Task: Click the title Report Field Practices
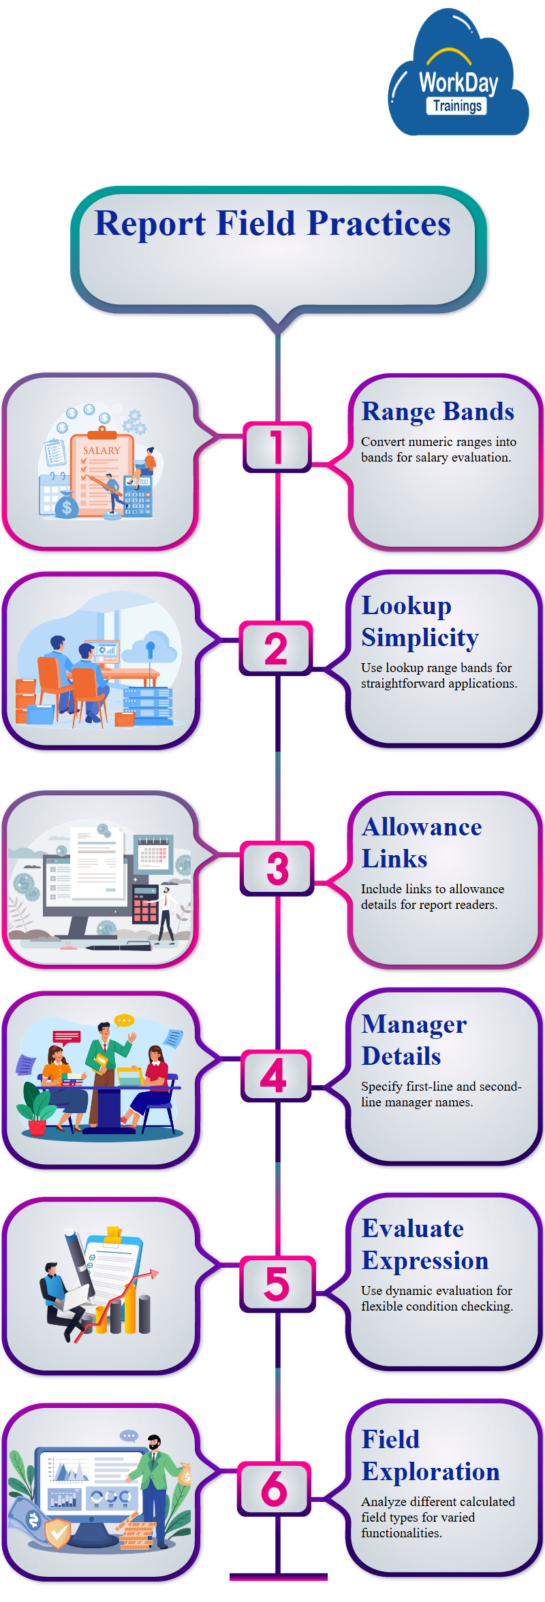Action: click(272, 223)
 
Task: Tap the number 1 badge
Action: click(277, 447)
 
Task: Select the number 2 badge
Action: click(276, 648)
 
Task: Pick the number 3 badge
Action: click(277, 868)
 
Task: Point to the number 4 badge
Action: click(275, 1076)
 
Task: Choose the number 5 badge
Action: click(277, 1283)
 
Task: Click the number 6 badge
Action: click(274, 1488)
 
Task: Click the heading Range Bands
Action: click(437, 411)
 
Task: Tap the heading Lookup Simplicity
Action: click(420, 621)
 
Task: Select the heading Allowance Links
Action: click(421, 842)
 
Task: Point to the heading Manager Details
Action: click(414, 1040)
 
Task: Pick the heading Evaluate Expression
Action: click(424, 1244)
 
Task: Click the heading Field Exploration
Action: click(430, 1455)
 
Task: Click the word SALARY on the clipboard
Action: click(102, 450)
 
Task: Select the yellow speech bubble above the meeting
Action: click(124, 1020)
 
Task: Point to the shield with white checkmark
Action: click(57, 1533)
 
